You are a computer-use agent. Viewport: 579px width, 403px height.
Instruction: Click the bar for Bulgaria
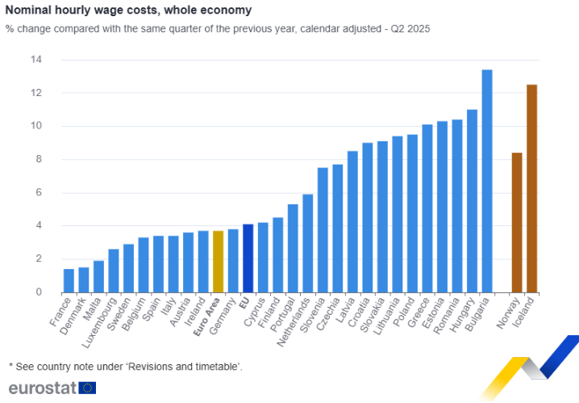click(x=487, y=181)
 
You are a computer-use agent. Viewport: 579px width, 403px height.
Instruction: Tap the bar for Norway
click(x=517, y=222)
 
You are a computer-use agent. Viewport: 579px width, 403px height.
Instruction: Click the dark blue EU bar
click(x=248, y=258)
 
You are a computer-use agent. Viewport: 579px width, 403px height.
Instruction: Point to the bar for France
click(x=69, y=280)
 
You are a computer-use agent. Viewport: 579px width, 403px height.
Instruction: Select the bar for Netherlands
click(x=307, y=243)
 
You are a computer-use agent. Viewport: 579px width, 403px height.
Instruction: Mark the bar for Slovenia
click(x=323, y=229)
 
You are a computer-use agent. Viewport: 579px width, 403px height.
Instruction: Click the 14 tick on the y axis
click(x=36, y=60)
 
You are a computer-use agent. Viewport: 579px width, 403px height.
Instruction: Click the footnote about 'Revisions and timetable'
click(x=125, y=367)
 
